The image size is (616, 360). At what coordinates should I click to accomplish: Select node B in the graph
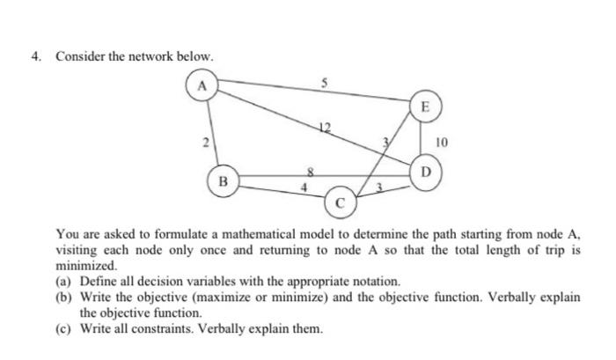223,182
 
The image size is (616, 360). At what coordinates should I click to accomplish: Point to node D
427,170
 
